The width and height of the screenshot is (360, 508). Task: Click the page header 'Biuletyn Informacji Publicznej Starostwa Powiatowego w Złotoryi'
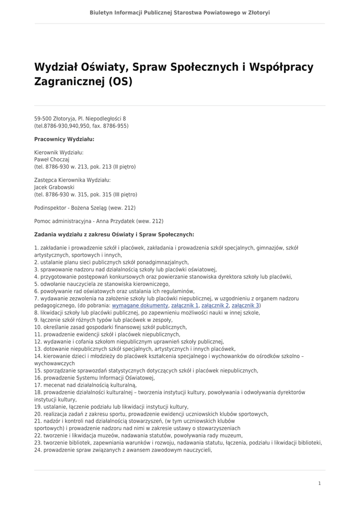pos(180,12)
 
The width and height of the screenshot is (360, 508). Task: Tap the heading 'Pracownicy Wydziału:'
pos(64,139)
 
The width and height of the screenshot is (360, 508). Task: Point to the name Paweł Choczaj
pos(52,160)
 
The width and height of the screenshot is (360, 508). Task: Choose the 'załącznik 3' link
pos(245,306)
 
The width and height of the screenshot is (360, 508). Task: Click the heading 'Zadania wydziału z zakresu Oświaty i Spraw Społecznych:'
pos(114,234)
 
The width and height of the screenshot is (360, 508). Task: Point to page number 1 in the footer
pos(319,483)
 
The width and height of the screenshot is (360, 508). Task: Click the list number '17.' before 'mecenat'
pos(38,385)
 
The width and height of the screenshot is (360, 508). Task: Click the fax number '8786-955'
pos(117,126)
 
